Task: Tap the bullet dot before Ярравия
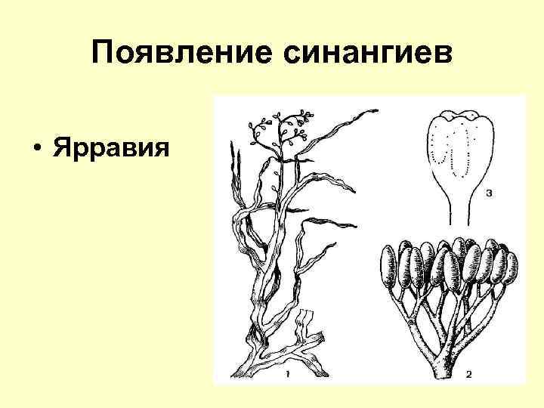click(x=36, y=145)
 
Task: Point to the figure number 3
click(x=489, y=193)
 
